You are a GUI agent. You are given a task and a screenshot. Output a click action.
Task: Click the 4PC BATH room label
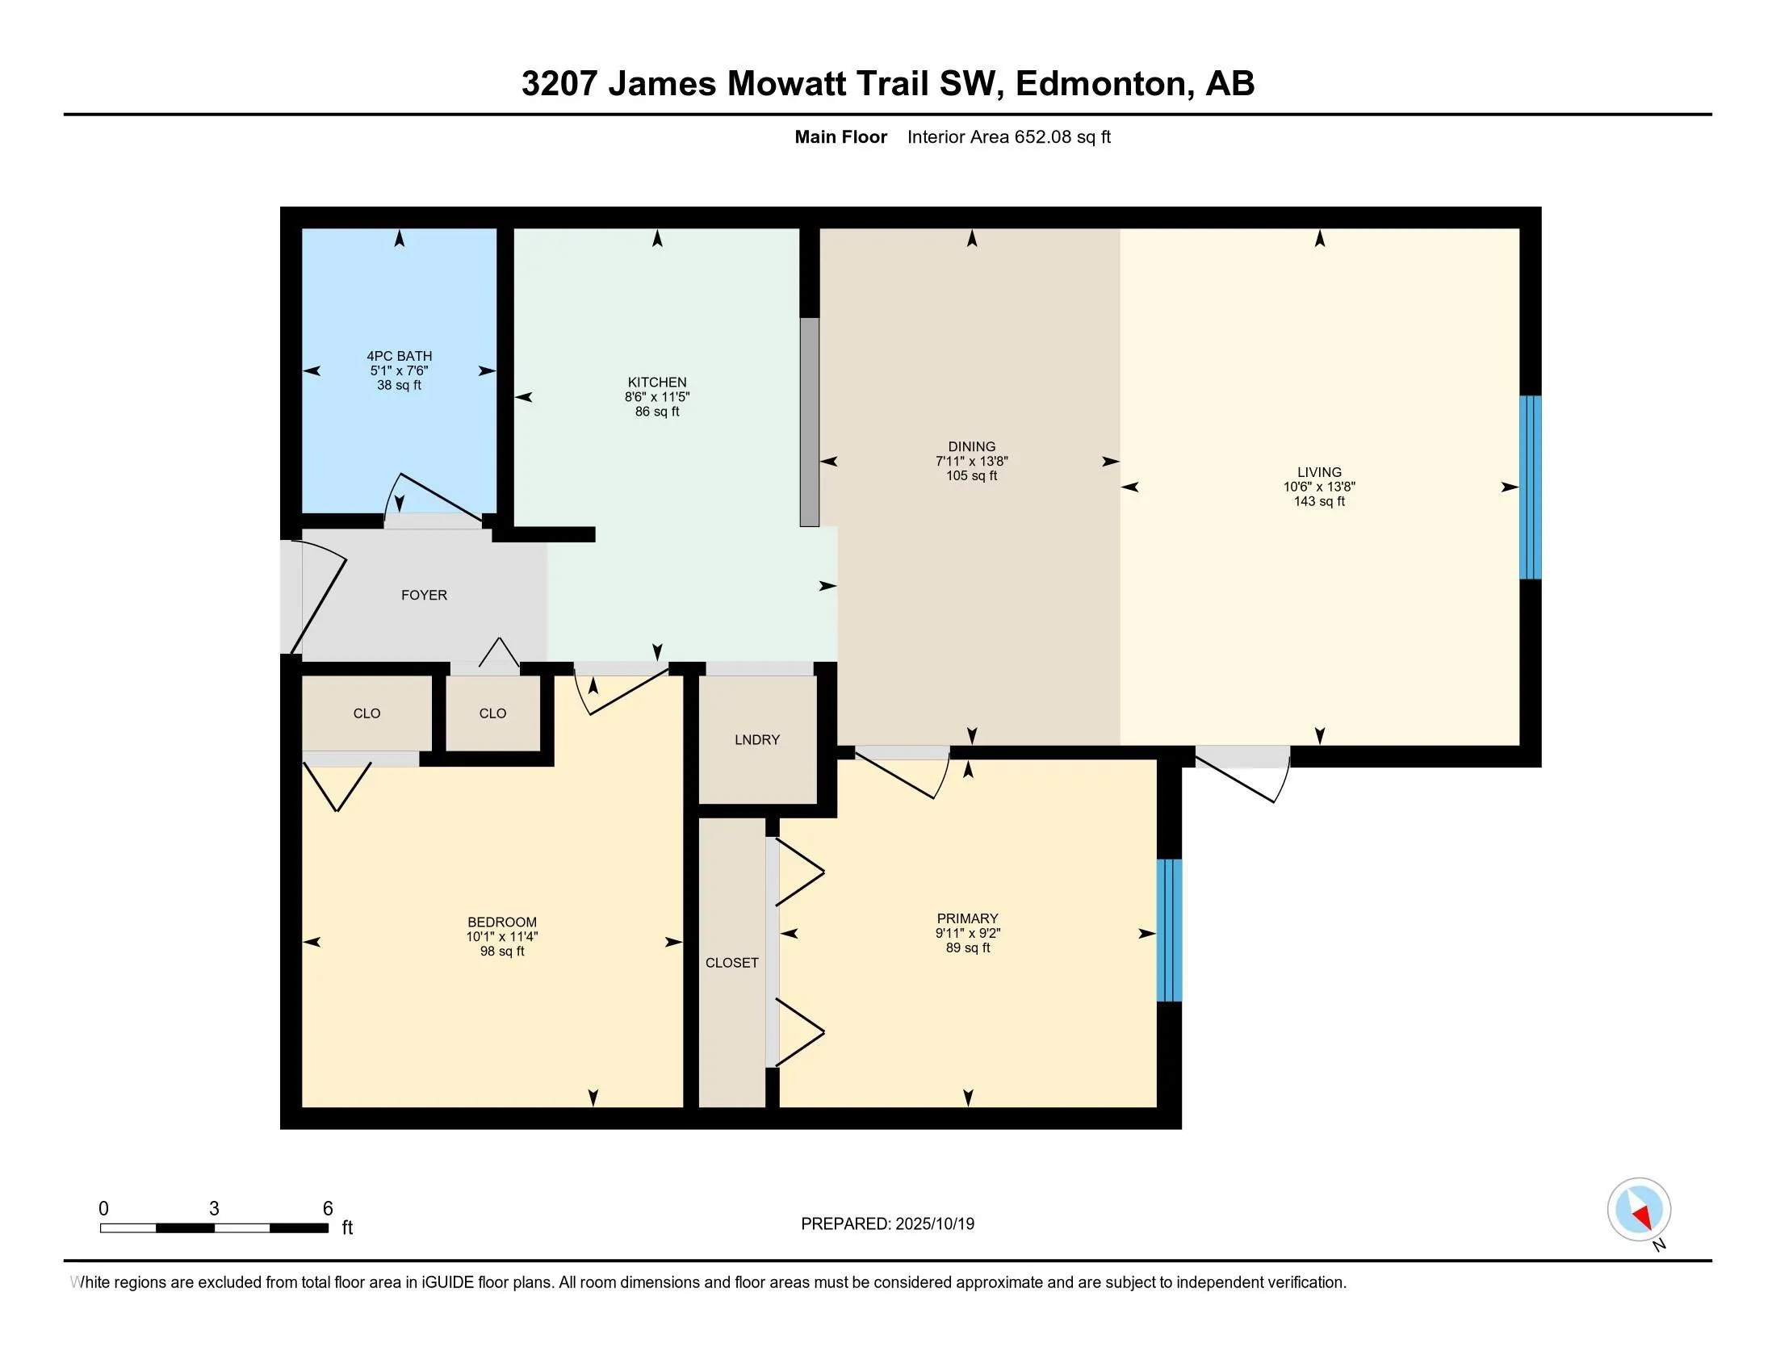pos(399,356)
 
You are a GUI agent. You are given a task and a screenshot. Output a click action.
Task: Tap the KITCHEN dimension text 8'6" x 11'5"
pos(657,397)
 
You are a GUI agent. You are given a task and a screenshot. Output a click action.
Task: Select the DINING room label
pos(971,446)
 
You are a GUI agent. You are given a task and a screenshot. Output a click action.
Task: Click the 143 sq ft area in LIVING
pos(1319,501)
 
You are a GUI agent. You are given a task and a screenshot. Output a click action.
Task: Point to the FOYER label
pos(424,595)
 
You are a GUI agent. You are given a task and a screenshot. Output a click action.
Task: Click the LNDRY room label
pos(756,739)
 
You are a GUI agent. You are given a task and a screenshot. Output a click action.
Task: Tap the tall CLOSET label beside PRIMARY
pos(731,962)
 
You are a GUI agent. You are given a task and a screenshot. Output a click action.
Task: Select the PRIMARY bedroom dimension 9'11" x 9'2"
pos(967,933)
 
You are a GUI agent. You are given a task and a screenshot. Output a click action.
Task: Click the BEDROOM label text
pos(502,922)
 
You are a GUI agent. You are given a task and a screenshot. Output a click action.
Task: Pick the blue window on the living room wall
pos(1531,487)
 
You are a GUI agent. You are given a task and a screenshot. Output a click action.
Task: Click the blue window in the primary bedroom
pos(1169,930)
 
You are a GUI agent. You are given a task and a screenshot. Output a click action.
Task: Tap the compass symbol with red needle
pos(1639,1210)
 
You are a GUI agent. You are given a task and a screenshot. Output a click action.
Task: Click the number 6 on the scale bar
pos(328,1208)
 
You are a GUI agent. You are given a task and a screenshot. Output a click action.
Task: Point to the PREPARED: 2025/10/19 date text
pos(887,1224)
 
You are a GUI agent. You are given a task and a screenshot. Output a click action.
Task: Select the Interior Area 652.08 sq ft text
pos(1008,137)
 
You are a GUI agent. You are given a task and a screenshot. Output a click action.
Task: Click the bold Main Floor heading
pos(840,137)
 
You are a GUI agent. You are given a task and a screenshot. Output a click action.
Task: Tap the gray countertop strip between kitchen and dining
pos(809,422)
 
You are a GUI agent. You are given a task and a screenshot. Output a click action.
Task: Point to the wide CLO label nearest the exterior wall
pos(366,713)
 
